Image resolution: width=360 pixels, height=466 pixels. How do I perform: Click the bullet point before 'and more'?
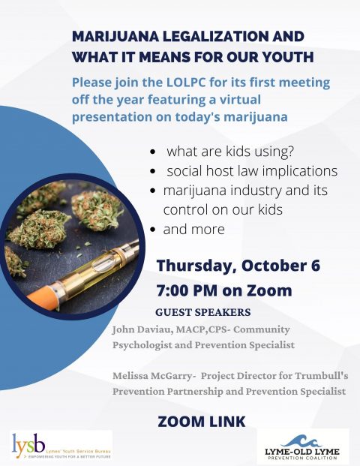coord(153,230)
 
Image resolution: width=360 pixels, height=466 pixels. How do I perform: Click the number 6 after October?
coord(316,265)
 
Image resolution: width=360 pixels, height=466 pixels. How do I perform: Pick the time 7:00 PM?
coord(187,290)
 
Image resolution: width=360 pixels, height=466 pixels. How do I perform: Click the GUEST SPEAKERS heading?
coord(203,312)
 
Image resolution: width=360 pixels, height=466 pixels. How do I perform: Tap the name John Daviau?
coord(142,329)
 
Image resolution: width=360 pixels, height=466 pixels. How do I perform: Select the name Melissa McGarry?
coord(152,376)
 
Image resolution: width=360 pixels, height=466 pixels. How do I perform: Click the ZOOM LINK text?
coord(202,422)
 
